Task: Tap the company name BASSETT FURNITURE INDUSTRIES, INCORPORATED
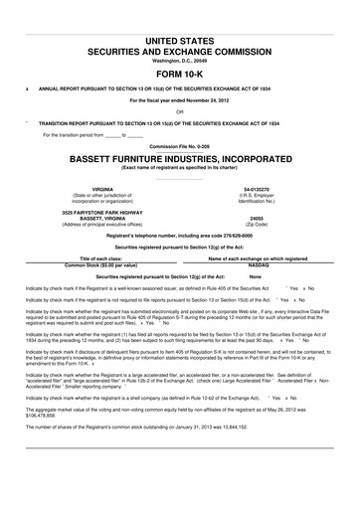[179, 158]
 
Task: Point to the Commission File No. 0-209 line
[179, 146]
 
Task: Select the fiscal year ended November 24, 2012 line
[179, 100]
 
